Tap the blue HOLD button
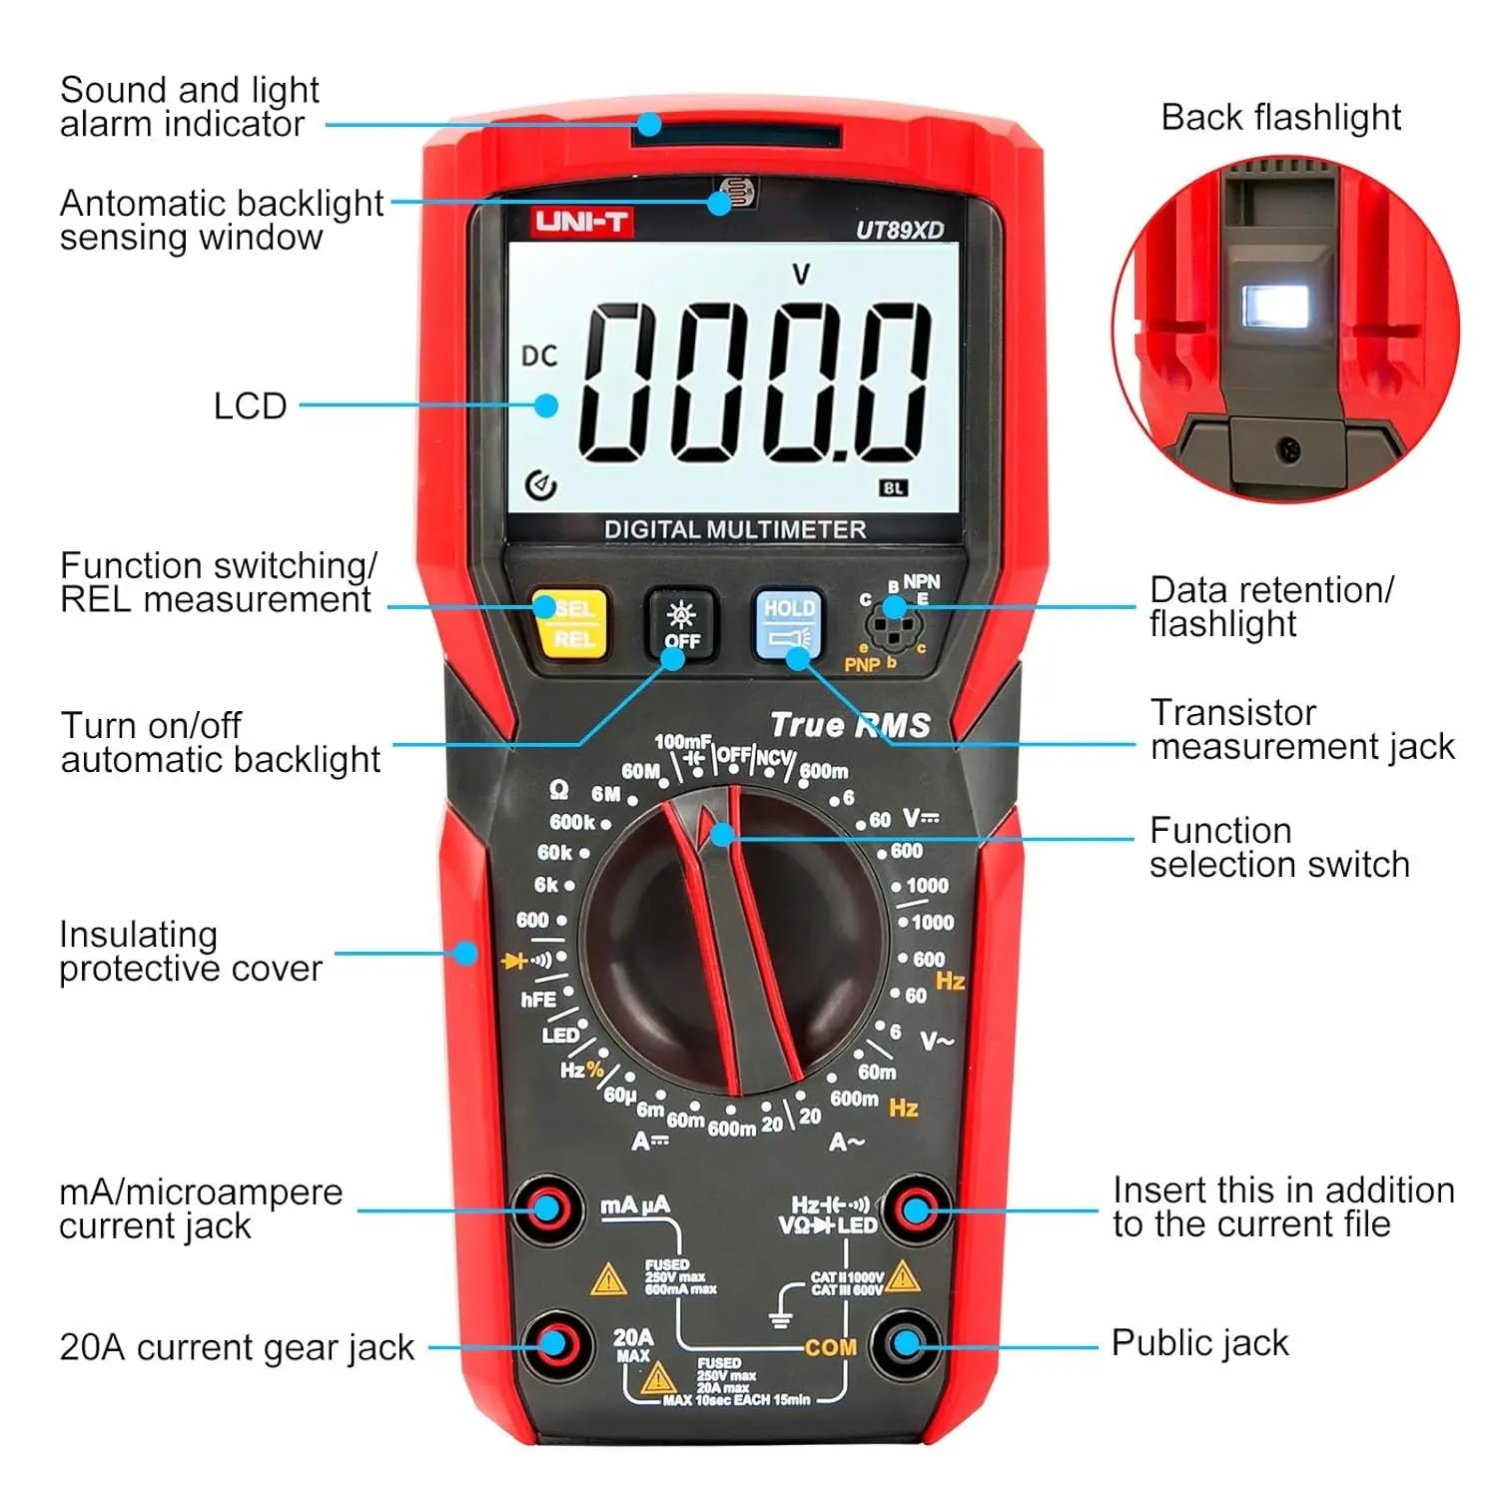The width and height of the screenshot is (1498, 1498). [x=789, y=623]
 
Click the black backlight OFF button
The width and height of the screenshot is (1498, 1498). [x=682, y=624]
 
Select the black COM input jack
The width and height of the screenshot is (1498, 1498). [x=906, y=1343]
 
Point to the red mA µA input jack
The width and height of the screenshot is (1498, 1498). [x=545, y=1209]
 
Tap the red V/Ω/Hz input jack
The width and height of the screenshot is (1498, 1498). [x=915, y=1209]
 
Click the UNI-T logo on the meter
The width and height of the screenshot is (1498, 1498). [x=581, y=221]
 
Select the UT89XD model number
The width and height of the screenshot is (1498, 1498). [x=899, y=230]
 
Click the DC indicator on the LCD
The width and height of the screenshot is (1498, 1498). [x=539, y=356]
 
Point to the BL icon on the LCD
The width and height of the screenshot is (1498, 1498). [x=893, y=488]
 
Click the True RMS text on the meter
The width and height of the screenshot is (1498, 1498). [x=850, y=725]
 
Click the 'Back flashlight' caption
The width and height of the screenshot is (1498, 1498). [x=1280, y=117]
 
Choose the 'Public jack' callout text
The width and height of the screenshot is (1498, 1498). [x=1199, y=1343]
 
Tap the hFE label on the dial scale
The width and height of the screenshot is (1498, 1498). [x=538, y=999]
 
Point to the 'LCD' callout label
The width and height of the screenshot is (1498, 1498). [x=250, y=406]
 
